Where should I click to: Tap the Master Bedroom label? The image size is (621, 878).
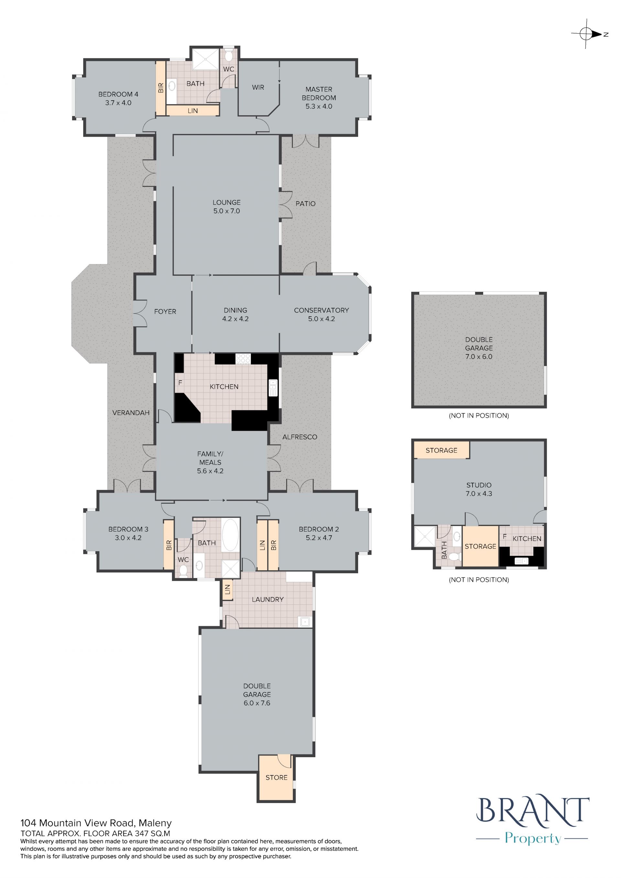point(319,93)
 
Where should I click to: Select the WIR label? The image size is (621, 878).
point(258,87)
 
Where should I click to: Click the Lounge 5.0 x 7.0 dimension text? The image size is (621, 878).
point(226,211)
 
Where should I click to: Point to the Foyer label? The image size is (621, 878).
point(165,312)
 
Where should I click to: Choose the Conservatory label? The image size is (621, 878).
point(321,310)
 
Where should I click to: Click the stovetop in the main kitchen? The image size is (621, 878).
point(243,359)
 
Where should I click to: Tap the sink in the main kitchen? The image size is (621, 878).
point(273,388)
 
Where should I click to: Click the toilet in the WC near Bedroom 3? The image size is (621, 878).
point(183,571)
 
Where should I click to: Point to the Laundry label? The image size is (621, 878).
point(268,600)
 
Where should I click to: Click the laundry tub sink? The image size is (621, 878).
point(305,622)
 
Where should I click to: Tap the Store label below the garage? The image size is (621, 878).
point(277,777)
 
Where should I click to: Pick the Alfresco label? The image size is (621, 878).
point(300,437)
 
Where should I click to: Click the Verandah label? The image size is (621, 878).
point(131,413)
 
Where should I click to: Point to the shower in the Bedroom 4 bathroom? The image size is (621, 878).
point(206,59)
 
